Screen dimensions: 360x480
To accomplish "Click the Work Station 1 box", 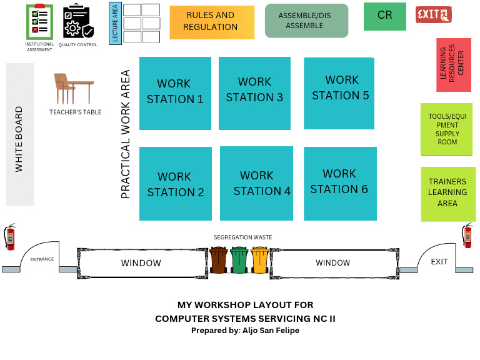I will click(175, 93).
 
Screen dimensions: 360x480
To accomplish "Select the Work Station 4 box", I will click(257, 184).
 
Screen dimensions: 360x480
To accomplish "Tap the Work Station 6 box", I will click(340, 183).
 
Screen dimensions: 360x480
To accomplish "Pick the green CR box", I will click(384, 16).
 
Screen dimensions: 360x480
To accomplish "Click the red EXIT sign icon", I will click(433, 14).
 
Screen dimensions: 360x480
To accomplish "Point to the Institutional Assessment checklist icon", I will click(39, 21).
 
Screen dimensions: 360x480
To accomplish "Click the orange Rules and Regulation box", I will click(212, 22).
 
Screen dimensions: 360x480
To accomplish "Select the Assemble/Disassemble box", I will click(306, 21).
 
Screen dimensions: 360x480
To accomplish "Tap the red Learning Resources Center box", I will click(453, 65).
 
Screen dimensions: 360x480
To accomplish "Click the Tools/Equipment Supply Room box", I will click(447, 129).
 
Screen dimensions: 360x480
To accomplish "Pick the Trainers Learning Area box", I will click(447, 193).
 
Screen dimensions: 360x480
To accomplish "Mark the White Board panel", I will click(20, 134).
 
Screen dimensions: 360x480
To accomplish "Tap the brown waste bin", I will click(219, 259).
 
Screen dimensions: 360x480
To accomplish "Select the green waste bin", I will click(239, 259).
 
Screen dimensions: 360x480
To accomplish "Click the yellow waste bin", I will click(260, 259).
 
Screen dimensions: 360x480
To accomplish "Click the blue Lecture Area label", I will click(114, 24).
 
